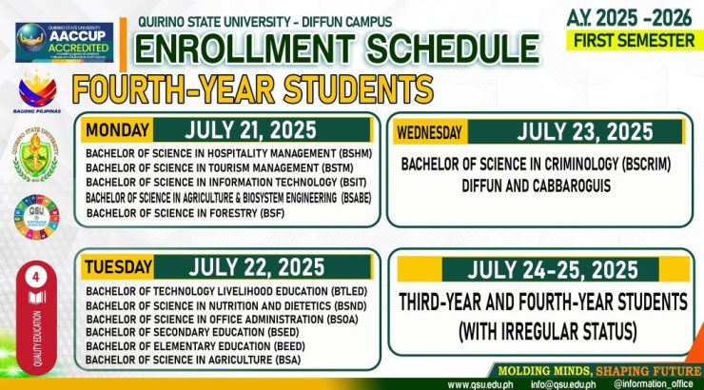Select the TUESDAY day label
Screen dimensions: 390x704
click(x=116, y=266)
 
